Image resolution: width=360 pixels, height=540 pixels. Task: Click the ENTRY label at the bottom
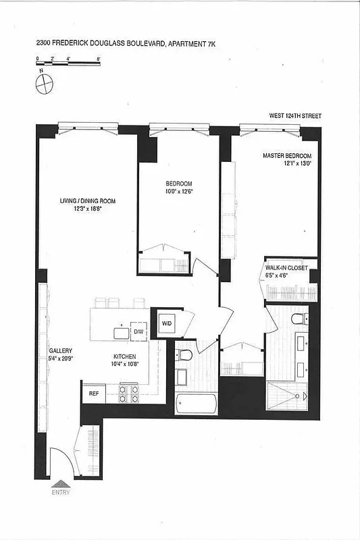click(60, 492)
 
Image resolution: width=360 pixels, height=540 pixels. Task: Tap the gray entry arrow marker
click(60, 483)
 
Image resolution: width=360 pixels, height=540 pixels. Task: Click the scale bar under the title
click(68, 63)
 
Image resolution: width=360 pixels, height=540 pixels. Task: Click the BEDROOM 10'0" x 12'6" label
click(179, 188)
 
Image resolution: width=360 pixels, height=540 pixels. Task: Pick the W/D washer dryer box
click(167, 323)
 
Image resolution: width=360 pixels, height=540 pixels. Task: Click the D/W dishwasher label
click(138, 332)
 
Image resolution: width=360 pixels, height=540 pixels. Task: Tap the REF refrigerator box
click(93, 393)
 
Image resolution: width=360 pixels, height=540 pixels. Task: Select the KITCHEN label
click(125, 360)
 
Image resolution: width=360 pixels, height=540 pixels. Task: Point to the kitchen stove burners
click(128, 394)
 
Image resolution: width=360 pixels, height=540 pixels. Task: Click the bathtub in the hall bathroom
click(196, 404)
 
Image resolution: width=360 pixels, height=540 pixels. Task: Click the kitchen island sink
click(122, 332)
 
